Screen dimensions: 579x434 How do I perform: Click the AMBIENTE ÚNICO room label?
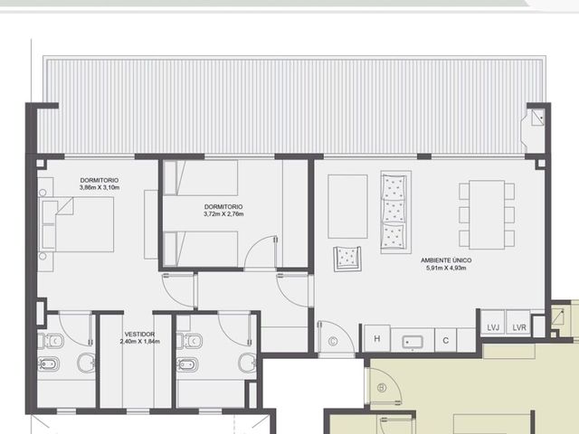click(446, 260)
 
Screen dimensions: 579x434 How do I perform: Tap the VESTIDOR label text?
click(139, 335)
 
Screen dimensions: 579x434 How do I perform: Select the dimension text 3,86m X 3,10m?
click(100, 187)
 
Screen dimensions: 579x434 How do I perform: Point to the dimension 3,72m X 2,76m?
click(223, 214)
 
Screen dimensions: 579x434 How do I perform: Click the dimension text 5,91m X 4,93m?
click(446, 268)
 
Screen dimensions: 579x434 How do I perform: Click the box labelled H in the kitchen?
click(377, 338)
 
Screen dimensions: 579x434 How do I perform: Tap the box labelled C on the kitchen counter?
click(446, 340)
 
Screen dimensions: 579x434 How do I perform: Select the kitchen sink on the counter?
click(413, 342)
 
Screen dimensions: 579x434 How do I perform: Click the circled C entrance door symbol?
click(333, 342)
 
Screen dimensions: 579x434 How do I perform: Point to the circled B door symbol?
click(382, 388)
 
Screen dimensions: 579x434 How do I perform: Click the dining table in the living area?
click(487, 215)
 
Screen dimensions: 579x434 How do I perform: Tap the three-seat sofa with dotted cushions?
click(396, 212)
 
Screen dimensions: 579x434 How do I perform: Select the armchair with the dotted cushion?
click(346, 259)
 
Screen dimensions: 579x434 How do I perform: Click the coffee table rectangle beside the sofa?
click(347, 206)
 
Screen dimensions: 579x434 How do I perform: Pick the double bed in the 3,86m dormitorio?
click(78, 224)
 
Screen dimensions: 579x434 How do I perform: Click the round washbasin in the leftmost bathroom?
click(87, 363)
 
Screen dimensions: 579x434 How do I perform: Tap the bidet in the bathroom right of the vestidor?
click(188, 364)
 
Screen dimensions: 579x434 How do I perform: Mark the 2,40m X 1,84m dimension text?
click(139, 342)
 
